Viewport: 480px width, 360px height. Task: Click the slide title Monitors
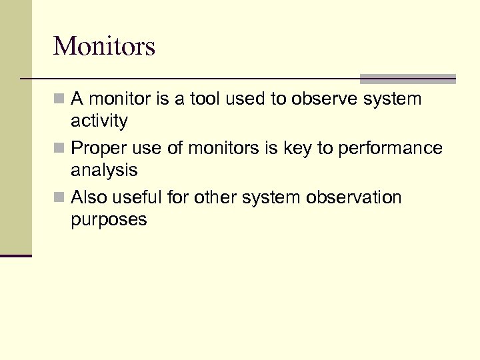(104, 46)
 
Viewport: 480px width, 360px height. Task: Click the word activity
(99, 121)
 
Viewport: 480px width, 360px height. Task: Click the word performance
(391, 149)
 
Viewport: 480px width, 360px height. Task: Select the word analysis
(104, 171)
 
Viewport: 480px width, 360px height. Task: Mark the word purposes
(109, 220)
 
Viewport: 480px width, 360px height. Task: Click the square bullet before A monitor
(59, 100)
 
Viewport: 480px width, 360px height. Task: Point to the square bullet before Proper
(59, 149)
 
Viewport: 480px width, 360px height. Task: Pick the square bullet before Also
(59, 198)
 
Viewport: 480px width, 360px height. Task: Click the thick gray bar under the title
(407, 79)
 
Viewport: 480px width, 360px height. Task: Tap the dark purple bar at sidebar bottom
(15, 255)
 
